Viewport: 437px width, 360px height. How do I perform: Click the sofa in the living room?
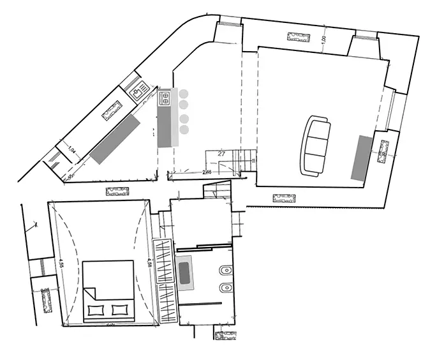point(316,146)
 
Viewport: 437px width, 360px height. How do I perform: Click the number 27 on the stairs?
point(221,154)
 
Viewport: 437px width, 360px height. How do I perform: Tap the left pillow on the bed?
point(95,310)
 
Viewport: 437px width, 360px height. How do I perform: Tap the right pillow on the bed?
point(120,310)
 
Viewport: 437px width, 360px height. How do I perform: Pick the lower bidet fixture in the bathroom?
point(225,288)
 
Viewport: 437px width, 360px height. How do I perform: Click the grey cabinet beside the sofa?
point(361,157)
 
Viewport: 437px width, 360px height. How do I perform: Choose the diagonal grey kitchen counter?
point(115,138)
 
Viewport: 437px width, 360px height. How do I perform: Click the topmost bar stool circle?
point(184,93)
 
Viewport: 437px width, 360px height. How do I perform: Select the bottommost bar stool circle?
point(184,130)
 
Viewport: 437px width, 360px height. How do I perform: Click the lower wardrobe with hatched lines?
point(165,303)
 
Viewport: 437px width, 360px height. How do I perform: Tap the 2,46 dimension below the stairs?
point(207,172)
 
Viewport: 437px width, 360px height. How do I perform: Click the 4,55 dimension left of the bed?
point(61,264)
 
